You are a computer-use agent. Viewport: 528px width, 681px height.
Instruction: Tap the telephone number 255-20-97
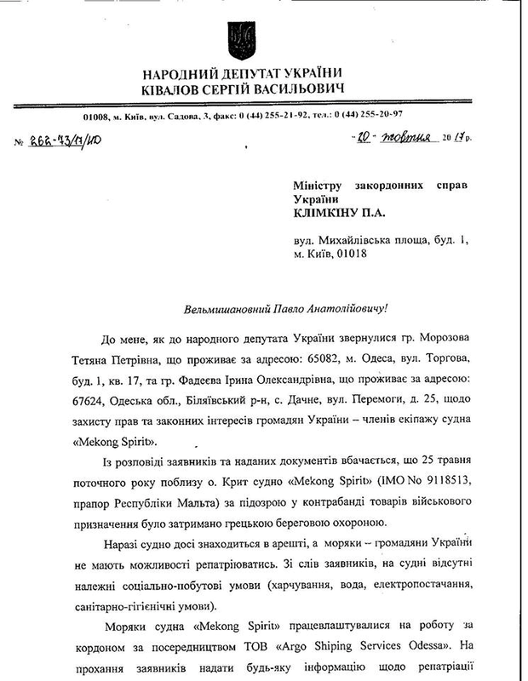pos(403,115)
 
